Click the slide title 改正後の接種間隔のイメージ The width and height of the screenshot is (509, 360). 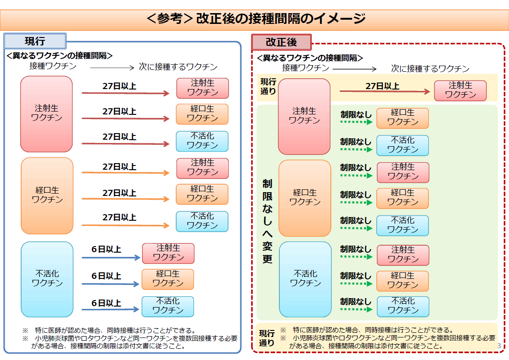coord(281,18)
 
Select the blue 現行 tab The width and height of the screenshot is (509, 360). coord(35,41)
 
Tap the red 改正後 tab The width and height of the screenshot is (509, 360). coord(281,42)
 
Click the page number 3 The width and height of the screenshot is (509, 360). coord(499,346)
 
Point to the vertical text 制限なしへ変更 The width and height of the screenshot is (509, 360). coord(267,221)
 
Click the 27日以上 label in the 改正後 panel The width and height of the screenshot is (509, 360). coord(382,86)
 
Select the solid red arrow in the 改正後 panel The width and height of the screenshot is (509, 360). coord(385,91)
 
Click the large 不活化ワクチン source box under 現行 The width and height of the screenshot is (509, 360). coord(47,279)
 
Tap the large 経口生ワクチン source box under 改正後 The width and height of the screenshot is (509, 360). coord(305,198)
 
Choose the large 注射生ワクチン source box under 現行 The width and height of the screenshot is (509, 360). coord(46,114)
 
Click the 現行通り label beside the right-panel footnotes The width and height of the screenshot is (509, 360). coord(267,338)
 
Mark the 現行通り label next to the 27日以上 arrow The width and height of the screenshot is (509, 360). coord(268,86)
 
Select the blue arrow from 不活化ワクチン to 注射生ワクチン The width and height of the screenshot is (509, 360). coord(111,257)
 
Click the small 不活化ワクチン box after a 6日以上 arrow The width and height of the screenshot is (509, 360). coord(168,307)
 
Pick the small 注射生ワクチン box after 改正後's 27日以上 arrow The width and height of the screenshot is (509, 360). coord(460,90)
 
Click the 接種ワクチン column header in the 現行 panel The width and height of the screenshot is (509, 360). coord(53,66)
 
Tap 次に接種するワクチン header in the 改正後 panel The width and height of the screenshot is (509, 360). coord(430,68)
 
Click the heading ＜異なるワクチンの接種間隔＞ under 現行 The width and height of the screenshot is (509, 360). coord(60,55)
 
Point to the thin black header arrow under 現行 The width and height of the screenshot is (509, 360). coord(112,67)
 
